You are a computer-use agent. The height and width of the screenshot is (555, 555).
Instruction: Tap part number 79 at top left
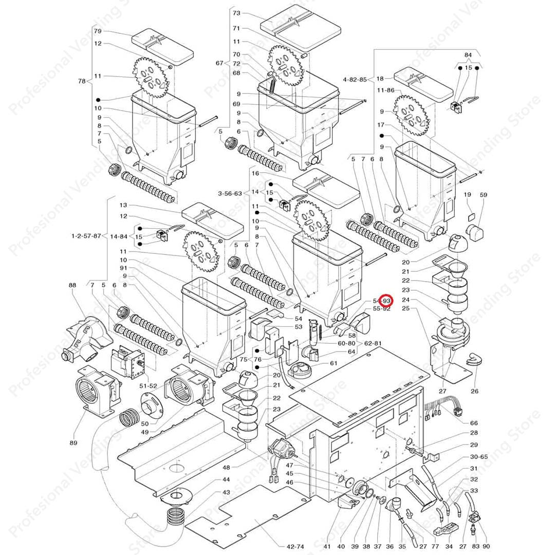coord(98,31)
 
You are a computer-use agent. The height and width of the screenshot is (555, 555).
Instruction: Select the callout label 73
coord(236,13)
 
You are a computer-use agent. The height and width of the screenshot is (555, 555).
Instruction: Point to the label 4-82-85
coord(355,79)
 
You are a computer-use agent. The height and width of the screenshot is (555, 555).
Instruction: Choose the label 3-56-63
coord(229,194)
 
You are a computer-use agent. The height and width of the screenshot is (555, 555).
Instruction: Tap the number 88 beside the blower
coord(72,285)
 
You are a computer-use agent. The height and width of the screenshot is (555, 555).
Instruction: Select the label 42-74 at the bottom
coord(287,546)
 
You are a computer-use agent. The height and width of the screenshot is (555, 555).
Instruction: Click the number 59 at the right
coord(483,195)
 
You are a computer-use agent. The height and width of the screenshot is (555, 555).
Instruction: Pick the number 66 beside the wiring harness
coord(474,423)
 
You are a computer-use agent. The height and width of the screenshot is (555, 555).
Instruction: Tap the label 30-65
coord(478,457)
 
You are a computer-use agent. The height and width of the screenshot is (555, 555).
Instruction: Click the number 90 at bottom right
coord(486,546)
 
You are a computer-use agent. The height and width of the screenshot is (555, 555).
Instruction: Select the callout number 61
coord(334,363)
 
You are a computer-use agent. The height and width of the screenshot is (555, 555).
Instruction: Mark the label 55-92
coord(381,309)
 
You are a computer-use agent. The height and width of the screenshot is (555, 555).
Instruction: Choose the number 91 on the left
coord(123,268)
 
